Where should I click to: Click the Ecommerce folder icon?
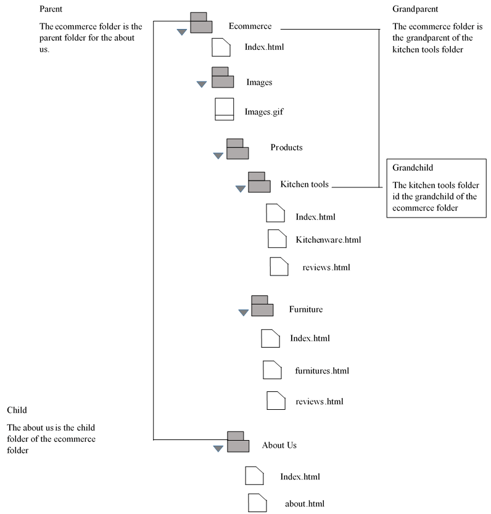(x=200, y=23)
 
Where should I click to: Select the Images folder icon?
(x=222, y=78)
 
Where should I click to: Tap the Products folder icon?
(x=237, y=149)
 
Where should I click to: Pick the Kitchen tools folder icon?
(x=259, y=182)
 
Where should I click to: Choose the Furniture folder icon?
(x=262, y=306)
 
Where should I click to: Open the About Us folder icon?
(x=237, y=442)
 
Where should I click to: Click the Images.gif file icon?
(x=225, y=110)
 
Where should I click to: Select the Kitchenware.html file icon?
(x=277, y=239)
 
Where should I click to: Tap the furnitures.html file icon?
(x=272, y=370)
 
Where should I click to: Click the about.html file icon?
(x=257, y=503)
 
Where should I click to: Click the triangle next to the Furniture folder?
(x=243, y=312)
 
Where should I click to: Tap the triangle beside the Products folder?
(x=218, y=156)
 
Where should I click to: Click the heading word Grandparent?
(x=415, y=9)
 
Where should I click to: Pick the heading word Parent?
(x=50, y=10)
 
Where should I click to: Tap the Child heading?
(x=17, y=410)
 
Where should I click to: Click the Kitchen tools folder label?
(x=305, y=184)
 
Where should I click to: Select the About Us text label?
(x=279, y=445)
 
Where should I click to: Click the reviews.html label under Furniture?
(x=319, y=402)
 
